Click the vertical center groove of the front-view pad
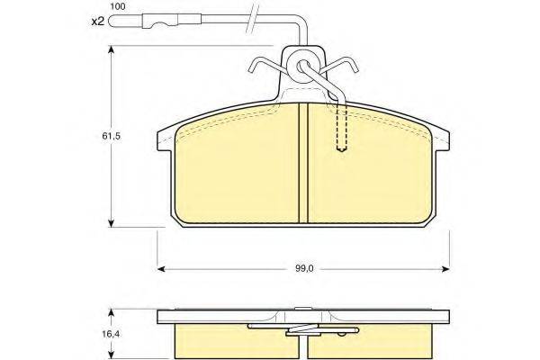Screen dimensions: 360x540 (303, 166)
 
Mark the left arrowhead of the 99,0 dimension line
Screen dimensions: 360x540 (162, 267)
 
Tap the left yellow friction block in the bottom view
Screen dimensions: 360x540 (229, 343)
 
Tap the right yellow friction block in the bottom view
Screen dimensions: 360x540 (378, 343)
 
